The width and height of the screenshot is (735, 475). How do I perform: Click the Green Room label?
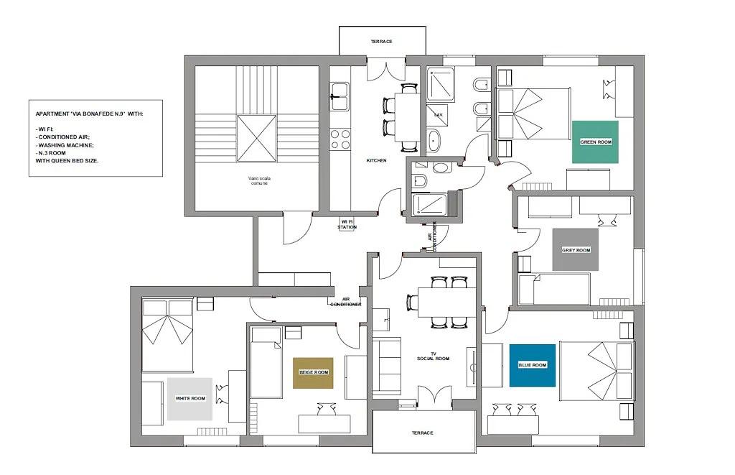tap(595, 142)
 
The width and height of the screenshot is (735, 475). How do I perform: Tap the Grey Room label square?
tap(576, 249)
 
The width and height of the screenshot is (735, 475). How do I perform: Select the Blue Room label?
tap(533, 365)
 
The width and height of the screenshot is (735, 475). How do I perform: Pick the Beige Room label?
tap(313, 373)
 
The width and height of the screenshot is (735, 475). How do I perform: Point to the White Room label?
tap(189, 399)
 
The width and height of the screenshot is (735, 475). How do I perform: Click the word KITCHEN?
tap(376, 160)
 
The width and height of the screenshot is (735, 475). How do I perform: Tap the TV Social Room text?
tap(433, 356)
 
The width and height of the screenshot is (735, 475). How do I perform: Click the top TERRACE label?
tap(382, 42)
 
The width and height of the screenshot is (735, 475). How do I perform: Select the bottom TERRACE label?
tap(422, 433)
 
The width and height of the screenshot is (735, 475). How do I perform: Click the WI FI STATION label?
tap(347, 224)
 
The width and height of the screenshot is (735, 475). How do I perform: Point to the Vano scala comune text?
tap(258, 180)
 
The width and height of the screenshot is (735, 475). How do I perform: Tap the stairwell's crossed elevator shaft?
tap(256, 139)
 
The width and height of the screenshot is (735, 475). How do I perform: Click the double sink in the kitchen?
tap(339, 97)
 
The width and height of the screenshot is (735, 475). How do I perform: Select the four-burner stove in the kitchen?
tap(340, 139)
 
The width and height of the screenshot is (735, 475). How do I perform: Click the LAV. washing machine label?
tap(439, 114)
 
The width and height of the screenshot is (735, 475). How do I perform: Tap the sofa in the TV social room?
tap(386, 365)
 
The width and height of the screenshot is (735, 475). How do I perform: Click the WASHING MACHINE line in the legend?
tap(65, 145)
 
